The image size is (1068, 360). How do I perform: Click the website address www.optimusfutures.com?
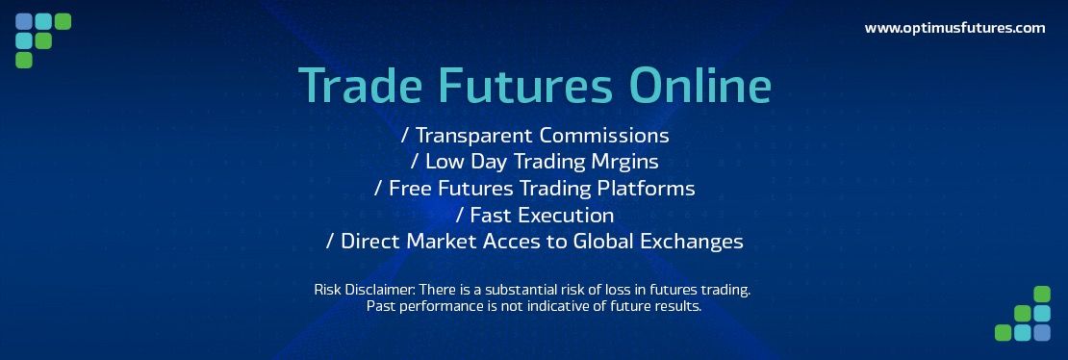tap(954, 28)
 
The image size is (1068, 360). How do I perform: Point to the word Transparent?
tap(474, 136)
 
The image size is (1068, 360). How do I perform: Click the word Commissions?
tap(604, 135)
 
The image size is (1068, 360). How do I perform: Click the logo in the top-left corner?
tap(43, 40)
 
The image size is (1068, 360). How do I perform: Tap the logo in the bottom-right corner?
tap(1023, 313)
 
